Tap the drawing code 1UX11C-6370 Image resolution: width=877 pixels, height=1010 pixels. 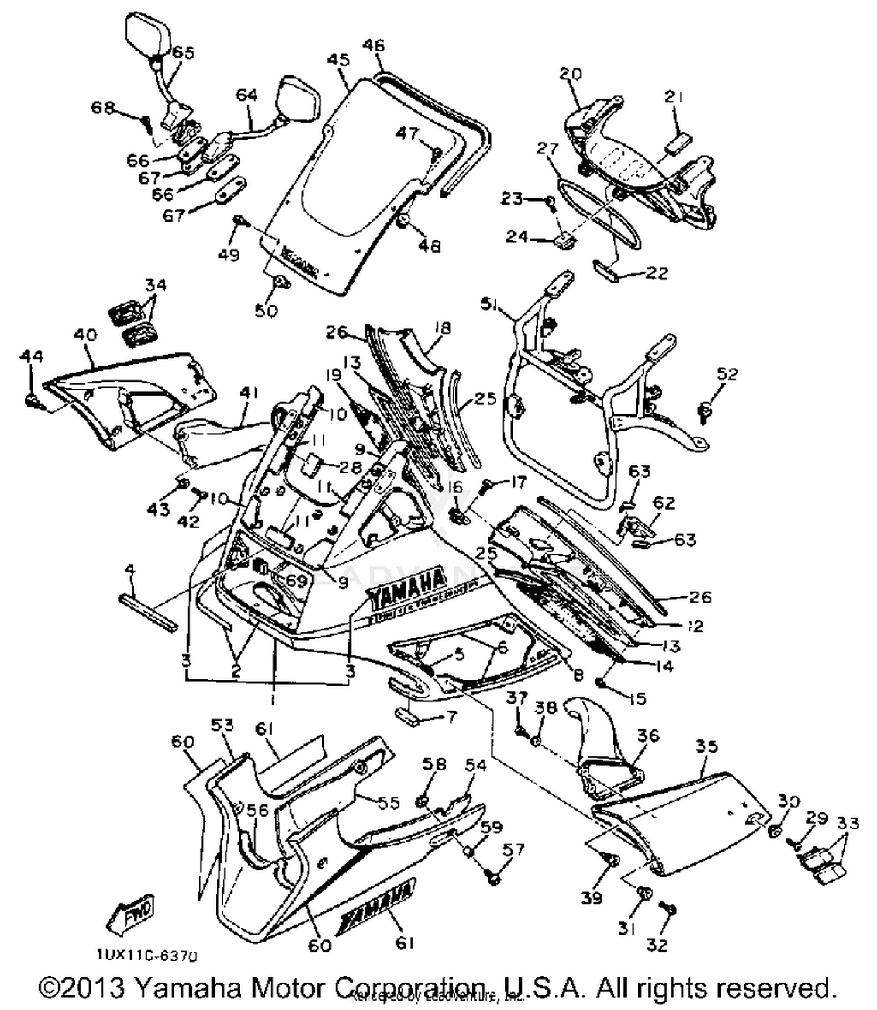tap(147, 956)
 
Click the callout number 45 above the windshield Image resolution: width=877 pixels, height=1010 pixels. tap(338, 60)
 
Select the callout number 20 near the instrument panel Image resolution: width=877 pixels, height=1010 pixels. tap(570, 74)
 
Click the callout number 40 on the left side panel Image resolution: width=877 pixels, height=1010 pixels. tap(85, 335)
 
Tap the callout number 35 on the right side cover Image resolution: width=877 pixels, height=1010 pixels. tap(706, 746)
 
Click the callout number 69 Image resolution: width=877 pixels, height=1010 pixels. tap(295, 581)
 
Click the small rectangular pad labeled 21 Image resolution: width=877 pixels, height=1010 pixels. tap(678, 142)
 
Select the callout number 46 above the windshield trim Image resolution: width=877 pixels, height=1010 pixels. tap(374, 46)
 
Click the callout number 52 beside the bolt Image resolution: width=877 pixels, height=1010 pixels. tap(727, 373)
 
